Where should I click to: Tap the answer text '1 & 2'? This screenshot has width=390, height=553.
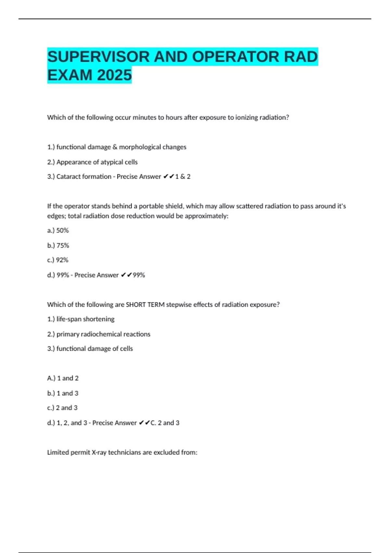tap(183, 177)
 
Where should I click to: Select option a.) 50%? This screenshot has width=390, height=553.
tap(58, 231)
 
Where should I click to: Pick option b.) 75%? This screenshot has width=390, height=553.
tap(58, 246)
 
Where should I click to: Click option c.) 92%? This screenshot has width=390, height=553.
tap(58, 260)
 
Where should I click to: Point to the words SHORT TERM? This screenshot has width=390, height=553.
tap(145, 305)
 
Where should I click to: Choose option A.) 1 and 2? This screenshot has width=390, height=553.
tap(63, 378)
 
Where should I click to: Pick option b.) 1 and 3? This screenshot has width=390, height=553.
tap(63, 393)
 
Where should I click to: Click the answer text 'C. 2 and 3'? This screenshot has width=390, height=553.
tap(165, 423)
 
